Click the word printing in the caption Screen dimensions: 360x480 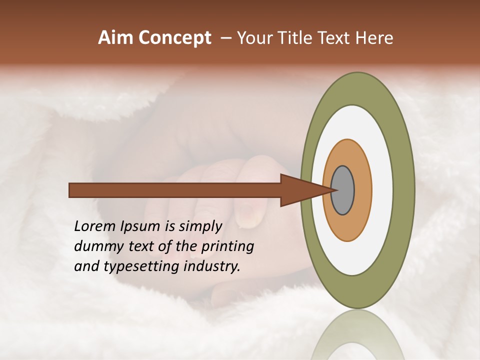coord(227,247)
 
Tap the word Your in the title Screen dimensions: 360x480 coord(252,37)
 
